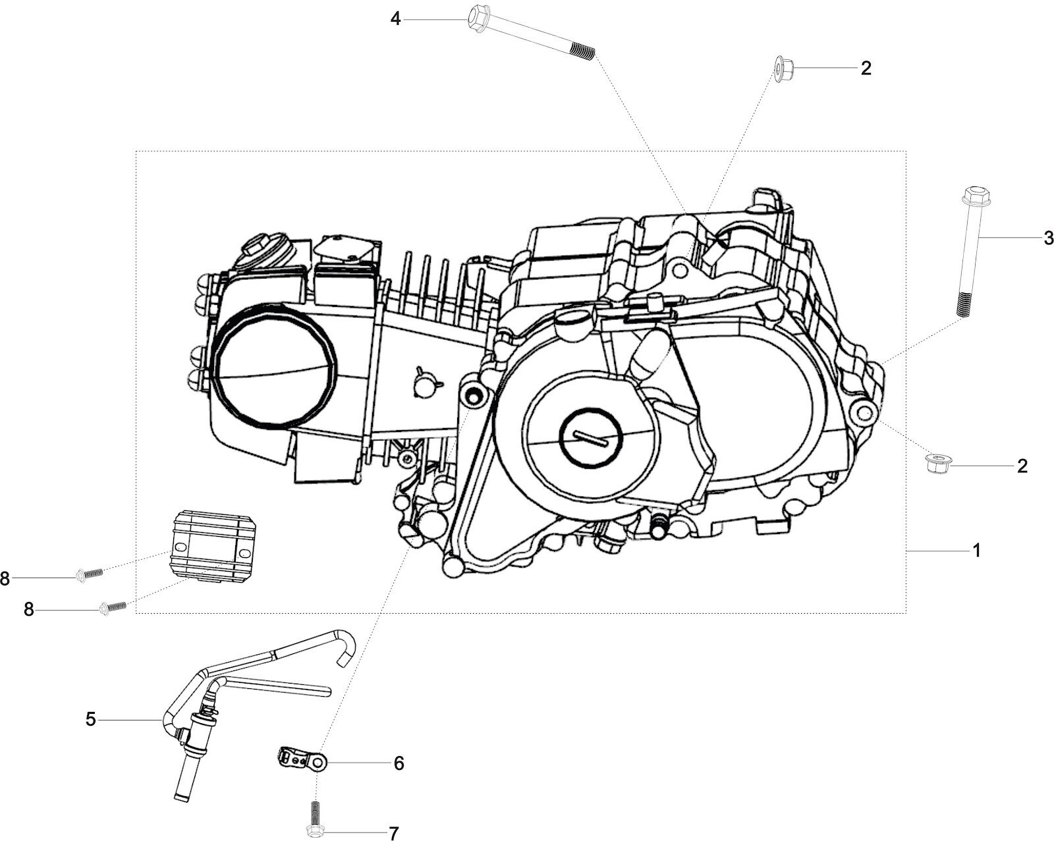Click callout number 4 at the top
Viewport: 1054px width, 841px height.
point(395,19)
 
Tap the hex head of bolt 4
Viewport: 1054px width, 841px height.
point(477,18)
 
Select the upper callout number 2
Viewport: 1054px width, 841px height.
point(866,68)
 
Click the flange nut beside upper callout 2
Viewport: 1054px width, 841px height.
point(783,68)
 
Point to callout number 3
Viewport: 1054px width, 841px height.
point(1049,238)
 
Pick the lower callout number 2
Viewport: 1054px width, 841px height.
point(1022,466)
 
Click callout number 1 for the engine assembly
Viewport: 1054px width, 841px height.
point(977,551)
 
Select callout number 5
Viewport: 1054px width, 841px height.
point(91,719)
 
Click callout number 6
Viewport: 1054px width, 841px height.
point(399,763)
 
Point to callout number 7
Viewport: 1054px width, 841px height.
point(394,834)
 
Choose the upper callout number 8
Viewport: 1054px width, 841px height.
point(5,579)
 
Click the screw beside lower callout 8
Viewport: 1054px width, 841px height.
point(112,607)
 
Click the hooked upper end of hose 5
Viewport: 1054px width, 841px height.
point(347,645)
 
